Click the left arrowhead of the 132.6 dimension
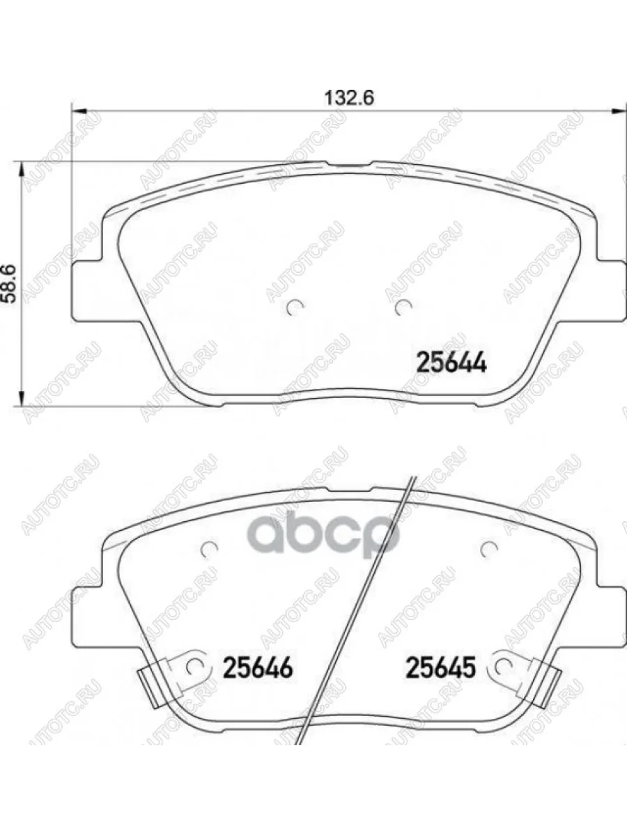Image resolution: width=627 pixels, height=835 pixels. pyautogui.click(x=79, y=110)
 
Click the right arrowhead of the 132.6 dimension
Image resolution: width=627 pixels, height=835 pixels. pyautogui.click(x=617, y=110)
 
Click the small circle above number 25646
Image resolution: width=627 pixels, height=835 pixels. pyautogui.click(x=207, y=550)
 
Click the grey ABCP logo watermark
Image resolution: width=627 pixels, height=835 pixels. pyautogui.click(x=323, y=534)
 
